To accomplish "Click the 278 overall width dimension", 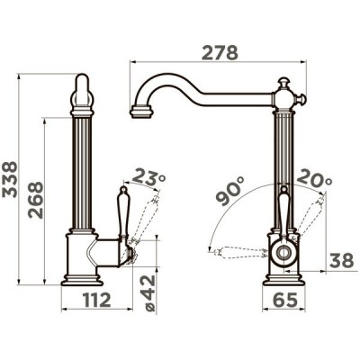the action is coord(220,53).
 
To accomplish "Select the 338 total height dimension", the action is coord(10,179).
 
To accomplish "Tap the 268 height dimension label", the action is coord(36,200).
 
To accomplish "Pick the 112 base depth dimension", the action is coord(97,300).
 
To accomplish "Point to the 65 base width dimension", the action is coord(285,300).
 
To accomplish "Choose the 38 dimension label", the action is coord(342,261).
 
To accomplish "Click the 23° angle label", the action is coord(148,176).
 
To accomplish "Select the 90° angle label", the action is coord(230,191).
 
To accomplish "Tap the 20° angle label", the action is coord(315,177).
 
